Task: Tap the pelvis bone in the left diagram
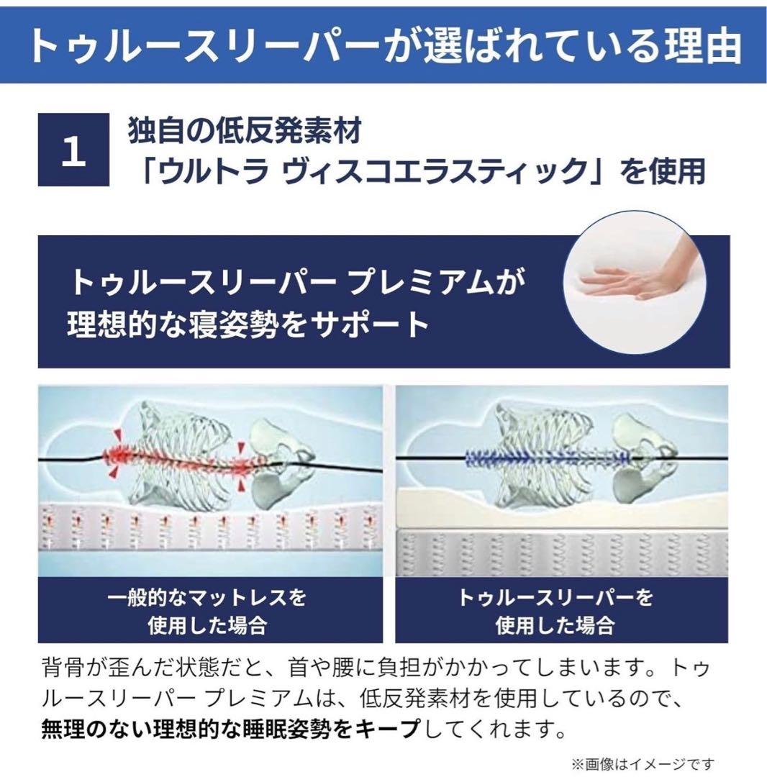pyautogui.click(x=277, y=460)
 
